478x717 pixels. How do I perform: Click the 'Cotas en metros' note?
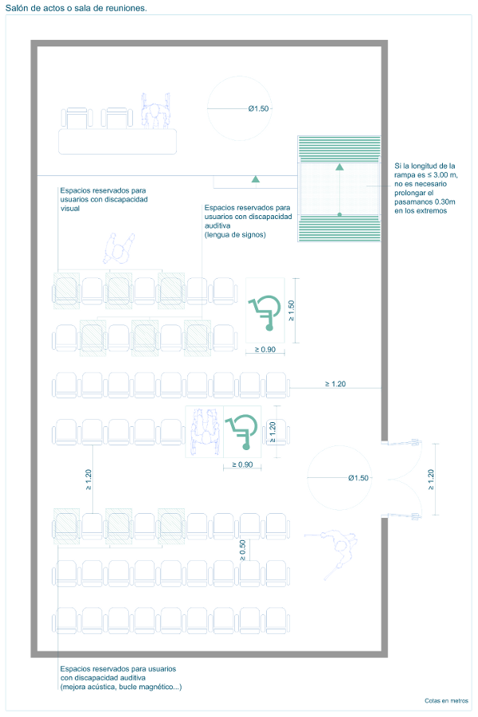[446, 701]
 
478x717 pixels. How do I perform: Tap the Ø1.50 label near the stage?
[258, 108]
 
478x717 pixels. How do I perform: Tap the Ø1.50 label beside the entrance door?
[358, 477]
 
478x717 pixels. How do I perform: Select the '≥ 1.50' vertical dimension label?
[292, 309]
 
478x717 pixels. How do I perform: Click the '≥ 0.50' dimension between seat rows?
[242, 548]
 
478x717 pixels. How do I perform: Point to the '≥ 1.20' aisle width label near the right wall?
[335, 384]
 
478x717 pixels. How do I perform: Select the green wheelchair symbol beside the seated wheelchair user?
[241, 431]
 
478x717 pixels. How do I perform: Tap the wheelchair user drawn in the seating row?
[204, 431]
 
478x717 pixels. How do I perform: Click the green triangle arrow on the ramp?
[339, 167]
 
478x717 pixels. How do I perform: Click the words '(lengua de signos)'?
[234, 235]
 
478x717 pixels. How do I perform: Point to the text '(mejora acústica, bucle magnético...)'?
[120, 687]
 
